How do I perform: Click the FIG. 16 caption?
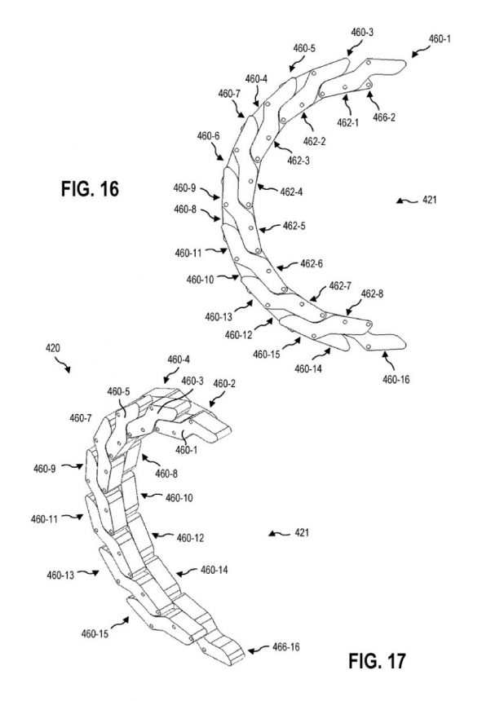coord(90,188)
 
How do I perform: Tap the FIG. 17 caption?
coord(377,661)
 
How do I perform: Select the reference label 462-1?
coord(348,123)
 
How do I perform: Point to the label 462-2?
coord(314,142)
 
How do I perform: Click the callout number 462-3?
coord(298,161)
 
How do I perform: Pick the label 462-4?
coord(291,192)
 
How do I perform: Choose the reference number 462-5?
coord(294,227)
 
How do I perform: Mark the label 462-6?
coord(312,264)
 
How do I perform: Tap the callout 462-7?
coord(340,285)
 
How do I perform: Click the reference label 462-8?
coord(372,293)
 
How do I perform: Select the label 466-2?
coord(384,117)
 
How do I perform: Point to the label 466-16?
coord(286,647)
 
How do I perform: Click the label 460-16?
coord(396,380)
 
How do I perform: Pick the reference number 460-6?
coord(208,136)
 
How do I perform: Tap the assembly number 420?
coord(53,347)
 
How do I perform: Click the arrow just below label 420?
coord(62,365)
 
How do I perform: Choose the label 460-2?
coord(224,384)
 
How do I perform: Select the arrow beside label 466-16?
coord(259,650)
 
